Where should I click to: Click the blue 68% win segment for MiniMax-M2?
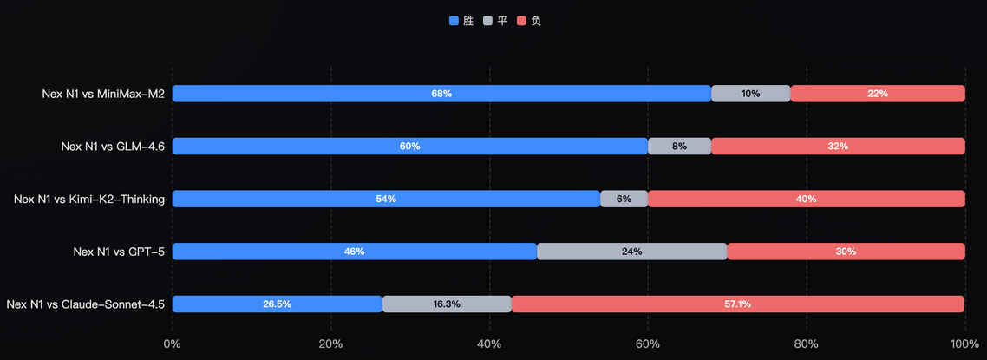click(x=441, y=94)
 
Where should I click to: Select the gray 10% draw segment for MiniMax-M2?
click(x=750, y=94)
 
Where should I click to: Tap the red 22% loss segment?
click(x=878, y=94)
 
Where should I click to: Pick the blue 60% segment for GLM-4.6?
click(x=410, y=147)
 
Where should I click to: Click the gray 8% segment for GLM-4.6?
click(x=679, y=147)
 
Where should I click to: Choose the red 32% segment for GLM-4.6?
click(x=838, y=147)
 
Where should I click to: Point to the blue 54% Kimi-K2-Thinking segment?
click(x=386, y=199)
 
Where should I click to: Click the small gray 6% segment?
click(x=624, y=199)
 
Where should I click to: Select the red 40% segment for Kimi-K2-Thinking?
click(x=807, y=199)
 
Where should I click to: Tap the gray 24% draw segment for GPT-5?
click(x=631, y=252)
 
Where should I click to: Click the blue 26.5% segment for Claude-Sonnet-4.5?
click(x=278, y=304)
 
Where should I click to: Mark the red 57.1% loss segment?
click(x=738, y=304)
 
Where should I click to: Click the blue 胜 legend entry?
click(x=461, y=21)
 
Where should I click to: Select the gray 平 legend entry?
click(x=495, y=21)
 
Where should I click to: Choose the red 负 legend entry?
click(x=529, y=21)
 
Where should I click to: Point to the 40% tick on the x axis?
click(x=489, y=344)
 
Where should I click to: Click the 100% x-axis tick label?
click(x=964, y=344)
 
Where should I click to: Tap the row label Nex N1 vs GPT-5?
click(x=119, y=252)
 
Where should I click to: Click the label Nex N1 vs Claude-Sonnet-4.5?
click(x=85, y=304)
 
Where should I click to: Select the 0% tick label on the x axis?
click(x=173, y=344)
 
